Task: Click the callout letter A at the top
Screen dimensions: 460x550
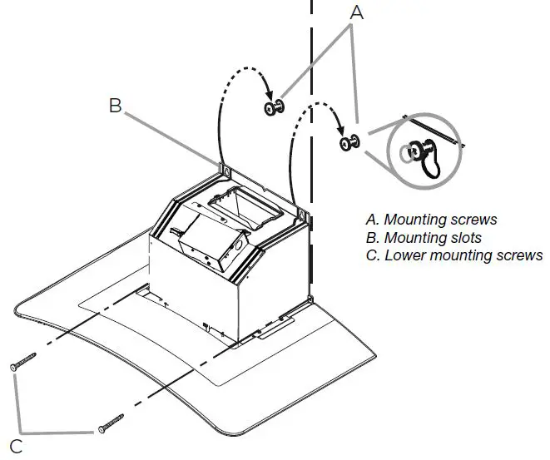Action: pyautogui.click(x=355, y=12)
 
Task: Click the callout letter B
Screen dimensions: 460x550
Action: pyautogui.click(x=116, y=106)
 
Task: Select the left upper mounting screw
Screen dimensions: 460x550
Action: pyautogui.click(x=274, y=108)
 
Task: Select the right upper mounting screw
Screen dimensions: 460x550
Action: pyautogui.click(x=349, y=143)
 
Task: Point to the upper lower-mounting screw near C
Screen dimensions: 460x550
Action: pyautogui.click(x=25, y=364)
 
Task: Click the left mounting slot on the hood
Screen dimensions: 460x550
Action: pyautogui.click(x=223, y=170)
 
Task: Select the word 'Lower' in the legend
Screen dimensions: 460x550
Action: pyautogui.click(x=404, y=255)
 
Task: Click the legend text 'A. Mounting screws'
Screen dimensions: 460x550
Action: pyautogui.click(x=431, y=220)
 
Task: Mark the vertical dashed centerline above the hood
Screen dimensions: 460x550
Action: pyautogui.click(x=312, y=67)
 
